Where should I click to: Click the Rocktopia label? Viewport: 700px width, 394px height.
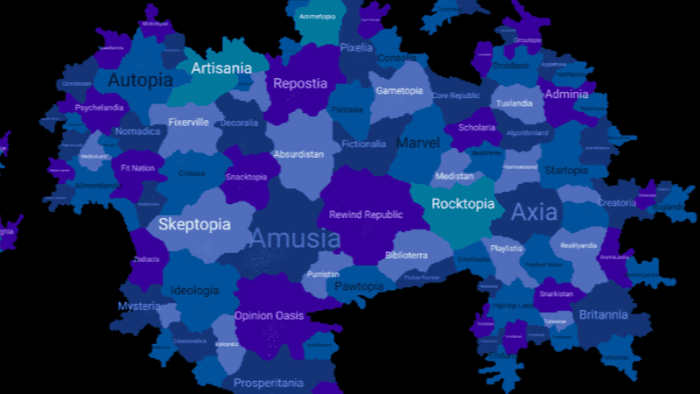(x=464, y=204)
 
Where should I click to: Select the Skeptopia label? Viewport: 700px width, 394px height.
(x=194, y=225)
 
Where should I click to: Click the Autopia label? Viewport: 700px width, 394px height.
(x=140, y=81)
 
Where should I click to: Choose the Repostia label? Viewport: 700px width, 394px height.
(x=300, y=84)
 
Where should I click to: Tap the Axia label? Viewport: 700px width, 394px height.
(x=534, y=211)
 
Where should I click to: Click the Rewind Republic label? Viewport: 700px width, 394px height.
(x=366, y=215)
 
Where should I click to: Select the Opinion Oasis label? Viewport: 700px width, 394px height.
(x=269, y=316)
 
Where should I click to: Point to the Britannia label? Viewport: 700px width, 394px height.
(x=603, y=315)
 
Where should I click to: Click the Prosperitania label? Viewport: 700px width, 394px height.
(x=269, y=383)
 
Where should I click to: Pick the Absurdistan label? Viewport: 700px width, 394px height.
(x=298, y=154)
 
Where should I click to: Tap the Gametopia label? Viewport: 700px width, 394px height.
(x=399, y=90)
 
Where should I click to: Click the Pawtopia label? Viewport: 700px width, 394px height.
(x=359, y=286)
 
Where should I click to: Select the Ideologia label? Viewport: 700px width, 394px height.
(x=195, y=291)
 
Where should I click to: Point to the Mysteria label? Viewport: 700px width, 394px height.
(x=140, y=306)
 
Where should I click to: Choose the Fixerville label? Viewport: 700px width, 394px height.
(x=188, y=123)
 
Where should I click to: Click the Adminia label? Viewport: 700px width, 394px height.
(x=566, y=94)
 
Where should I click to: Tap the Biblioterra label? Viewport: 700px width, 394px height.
(x=406, y=256)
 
